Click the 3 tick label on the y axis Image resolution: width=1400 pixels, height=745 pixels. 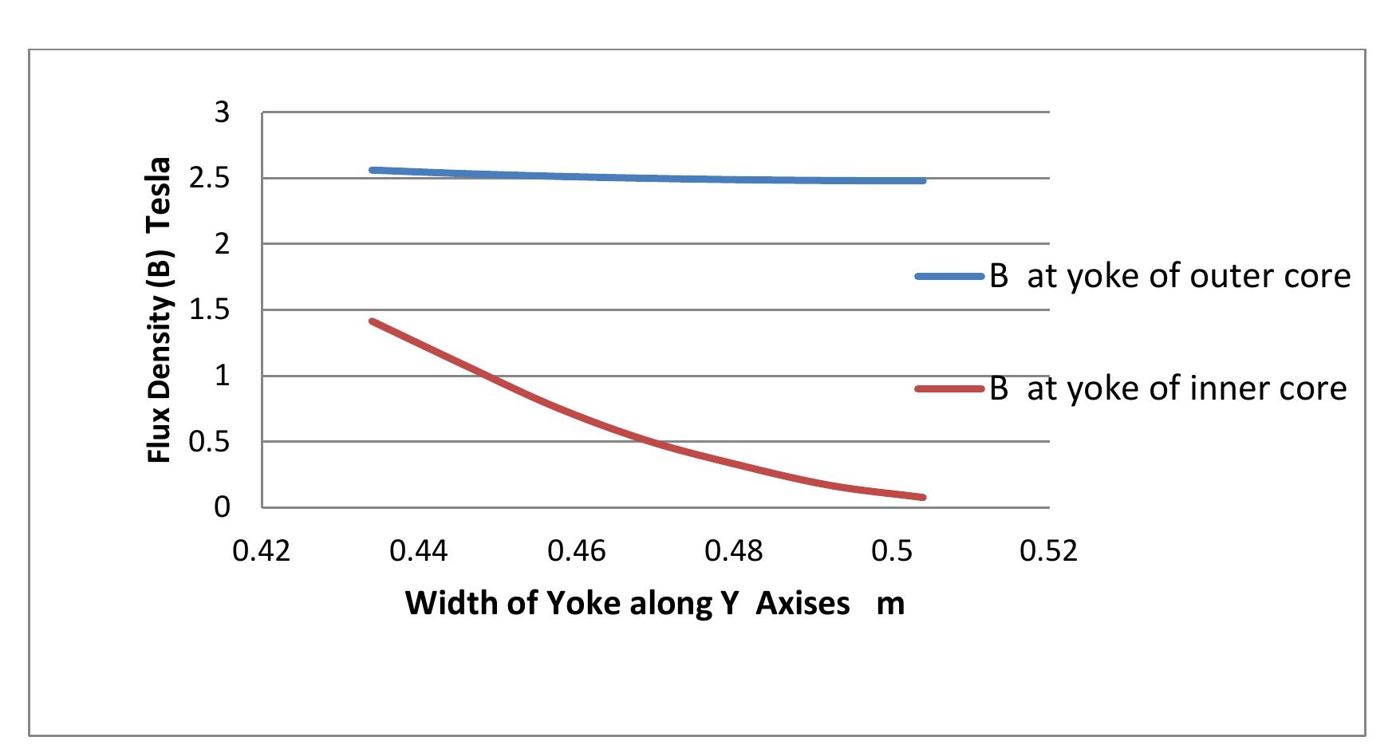pos(222,112)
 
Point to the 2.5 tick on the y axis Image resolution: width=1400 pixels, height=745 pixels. pos(210,178)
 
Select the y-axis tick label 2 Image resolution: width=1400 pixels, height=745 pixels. pos(222,244)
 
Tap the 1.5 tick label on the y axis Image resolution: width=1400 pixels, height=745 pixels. pos(210,309)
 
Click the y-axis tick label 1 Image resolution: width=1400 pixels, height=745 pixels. pos(222,376)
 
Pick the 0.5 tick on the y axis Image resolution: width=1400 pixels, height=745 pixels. pos(210,441)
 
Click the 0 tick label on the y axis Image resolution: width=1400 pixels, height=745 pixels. pos(222,507)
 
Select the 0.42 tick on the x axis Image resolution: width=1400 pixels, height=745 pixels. pos(262,551)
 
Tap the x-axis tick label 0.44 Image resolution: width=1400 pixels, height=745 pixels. pos(419,551)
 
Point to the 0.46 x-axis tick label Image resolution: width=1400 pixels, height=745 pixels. pos(577,551)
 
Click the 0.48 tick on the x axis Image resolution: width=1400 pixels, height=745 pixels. pos(734,551)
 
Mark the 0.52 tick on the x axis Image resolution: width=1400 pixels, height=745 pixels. pos(1049,551)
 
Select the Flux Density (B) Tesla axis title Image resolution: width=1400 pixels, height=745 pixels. pos(160,310)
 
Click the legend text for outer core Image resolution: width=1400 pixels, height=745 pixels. pos(1170,276)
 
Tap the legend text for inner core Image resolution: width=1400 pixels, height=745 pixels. pos(1168,388)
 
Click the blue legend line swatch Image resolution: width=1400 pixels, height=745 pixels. pos(949,277)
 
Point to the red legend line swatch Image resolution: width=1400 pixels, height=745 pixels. pos(949,389)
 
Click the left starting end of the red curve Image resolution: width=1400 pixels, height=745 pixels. pos(372,321)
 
